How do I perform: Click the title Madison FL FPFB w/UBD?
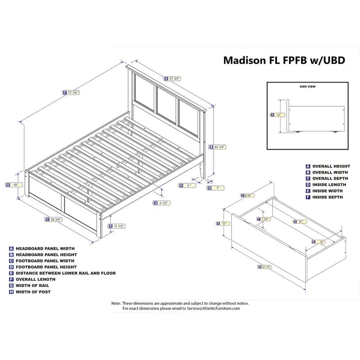[x=284, y=60]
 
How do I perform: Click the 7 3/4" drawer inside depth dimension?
[x=265, y=219]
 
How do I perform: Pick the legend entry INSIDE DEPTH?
[x=327, y=197]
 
